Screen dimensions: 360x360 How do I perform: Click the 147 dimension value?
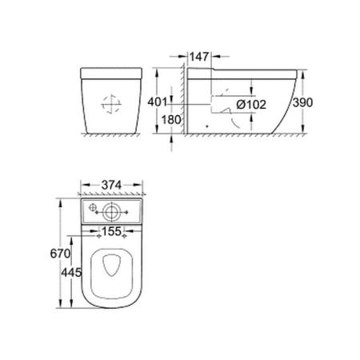tap(201, 58)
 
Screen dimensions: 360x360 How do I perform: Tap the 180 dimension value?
tap(169, 120)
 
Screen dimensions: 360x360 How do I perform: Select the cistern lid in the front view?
tap(113, 77)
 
